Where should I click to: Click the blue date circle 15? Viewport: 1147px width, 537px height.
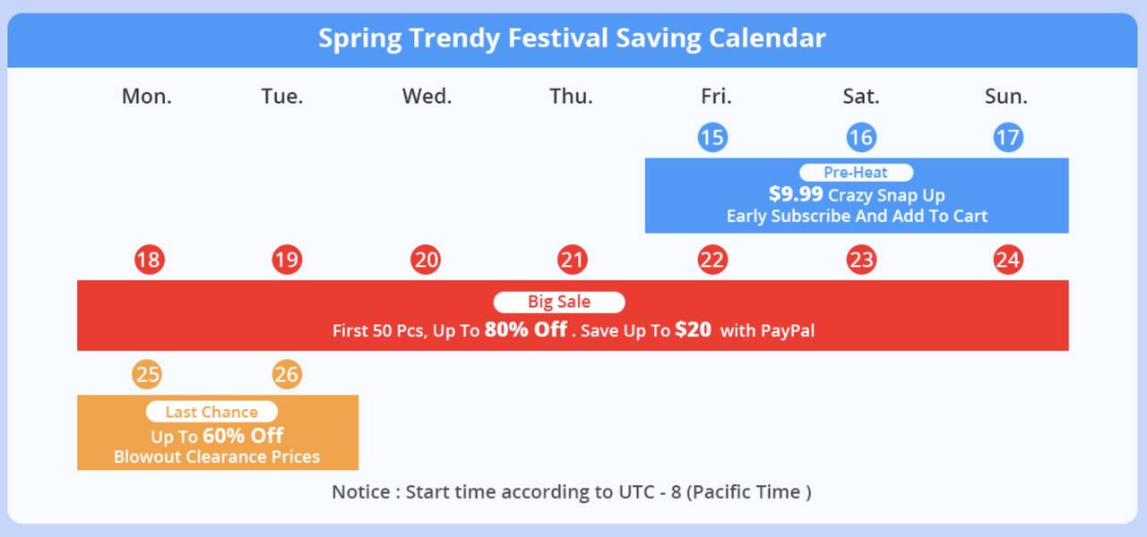click(712, 137)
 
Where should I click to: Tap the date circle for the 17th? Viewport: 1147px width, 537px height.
click(1008, 137)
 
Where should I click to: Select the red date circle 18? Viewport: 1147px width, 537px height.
click(150, 260)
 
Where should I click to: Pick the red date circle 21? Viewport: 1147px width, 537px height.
click(572, 260)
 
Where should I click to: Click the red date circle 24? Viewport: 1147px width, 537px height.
click(1008, 260)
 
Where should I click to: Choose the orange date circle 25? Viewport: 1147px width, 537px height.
click(147, 374)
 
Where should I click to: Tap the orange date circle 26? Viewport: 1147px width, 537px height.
click(287, 374)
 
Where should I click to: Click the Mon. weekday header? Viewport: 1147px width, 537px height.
click(146, 96)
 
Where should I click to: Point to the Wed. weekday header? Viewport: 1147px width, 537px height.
click(427, 96)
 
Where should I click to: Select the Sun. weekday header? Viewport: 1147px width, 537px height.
click(1006, 96)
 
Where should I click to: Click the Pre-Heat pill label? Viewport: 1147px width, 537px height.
click(856, 173)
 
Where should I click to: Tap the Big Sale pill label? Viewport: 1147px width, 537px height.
click(559, 302)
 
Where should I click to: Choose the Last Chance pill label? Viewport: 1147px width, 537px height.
click(211, 412)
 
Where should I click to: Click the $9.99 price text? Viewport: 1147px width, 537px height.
click(796, 194)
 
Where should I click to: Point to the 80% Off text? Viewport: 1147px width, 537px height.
click(526, 329)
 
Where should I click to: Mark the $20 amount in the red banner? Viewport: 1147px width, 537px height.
click(694, 329)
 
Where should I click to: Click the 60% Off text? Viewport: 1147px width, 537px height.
click(243, 436)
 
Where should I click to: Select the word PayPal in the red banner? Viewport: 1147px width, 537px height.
click(788, 331)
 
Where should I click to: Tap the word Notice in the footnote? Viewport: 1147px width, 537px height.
click(361, 492)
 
